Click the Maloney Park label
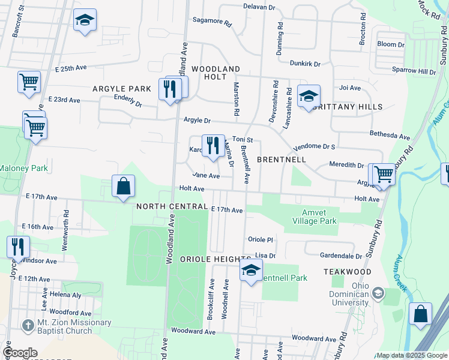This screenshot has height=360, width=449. point(23,169)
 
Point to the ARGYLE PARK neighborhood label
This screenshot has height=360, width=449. point(122,89)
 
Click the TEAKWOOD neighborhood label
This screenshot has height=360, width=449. point(348,272)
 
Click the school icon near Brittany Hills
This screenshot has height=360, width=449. point(309,96)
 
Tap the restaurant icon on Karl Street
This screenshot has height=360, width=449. point(213,146)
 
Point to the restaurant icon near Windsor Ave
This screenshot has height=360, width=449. point(18,247)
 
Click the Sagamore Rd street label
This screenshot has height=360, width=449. point(212,20)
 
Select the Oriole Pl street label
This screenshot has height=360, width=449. point(261,239)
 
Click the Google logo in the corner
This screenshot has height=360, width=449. point(20,353)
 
